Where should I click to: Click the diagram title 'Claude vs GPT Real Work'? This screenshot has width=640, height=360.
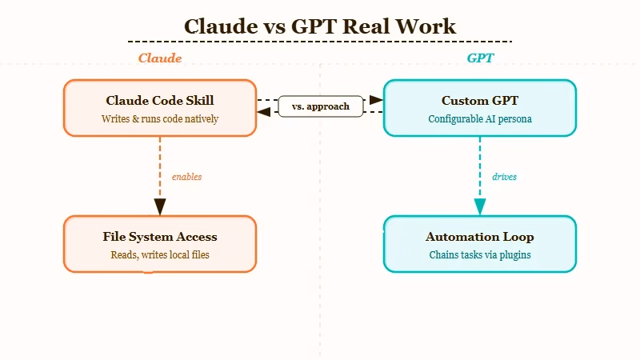tap(320, 26)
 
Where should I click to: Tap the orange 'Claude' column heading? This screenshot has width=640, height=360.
tap(160, 58)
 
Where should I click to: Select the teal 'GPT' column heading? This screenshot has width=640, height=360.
tap(480, 58)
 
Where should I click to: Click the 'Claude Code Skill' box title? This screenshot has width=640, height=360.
tap(160, 101)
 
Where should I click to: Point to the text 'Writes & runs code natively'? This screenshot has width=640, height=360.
tap(160, 118)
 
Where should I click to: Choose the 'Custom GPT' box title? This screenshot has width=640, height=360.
tap(480, 101)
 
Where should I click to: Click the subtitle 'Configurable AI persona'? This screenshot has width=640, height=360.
tap(480, 118)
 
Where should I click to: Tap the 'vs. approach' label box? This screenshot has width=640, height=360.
tap(320, 106)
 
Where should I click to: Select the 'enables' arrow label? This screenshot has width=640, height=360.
tap(186, 177)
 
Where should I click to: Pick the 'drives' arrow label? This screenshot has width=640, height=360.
tap(504, 177)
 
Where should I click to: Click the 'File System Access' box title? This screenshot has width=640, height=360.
tap(160, 237)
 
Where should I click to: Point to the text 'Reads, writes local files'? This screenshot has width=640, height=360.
tap(160, 255)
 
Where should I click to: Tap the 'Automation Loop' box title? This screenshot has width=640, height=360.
tap(480, 237)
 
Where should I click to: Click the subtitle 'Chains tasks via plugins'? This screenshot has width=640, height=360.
tap(480, 255)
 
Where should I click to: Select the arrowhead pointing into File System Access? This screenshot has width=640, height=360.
tap(160, 207)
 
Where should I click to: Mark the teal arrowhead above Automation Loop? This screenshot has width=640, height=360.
tap(480, 207)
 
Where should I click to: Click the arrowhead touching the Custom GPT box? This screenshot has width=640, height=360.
tap(376, 100)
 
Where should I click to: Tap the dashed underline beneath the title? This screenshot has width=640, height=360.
tap(320, 41)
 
